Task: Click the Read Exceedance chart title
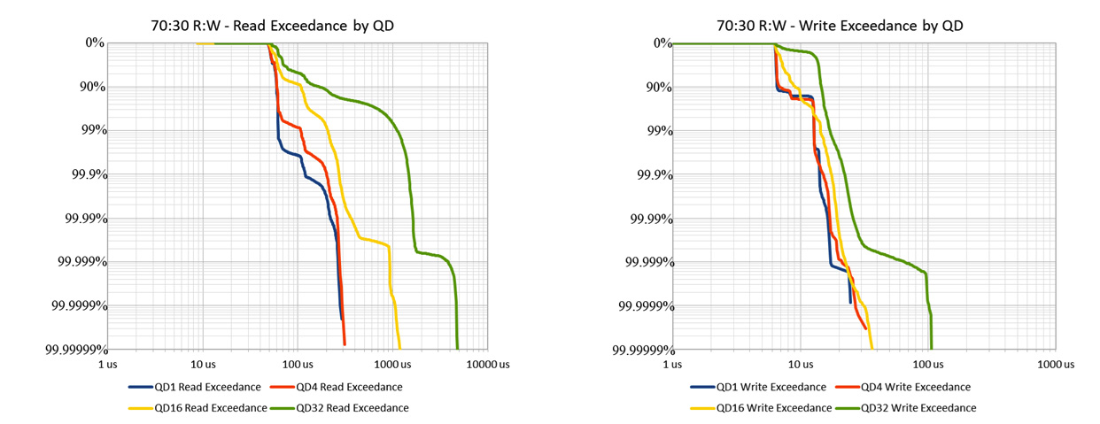click(x=272, y=26)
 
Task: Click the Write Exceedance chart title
click(x=839, y=26)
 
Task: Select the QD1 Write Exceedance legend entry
click(x=758, y=387)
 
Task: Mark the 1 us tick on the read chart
click(x=108, y=364)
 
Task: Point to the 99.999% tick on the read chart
click(x=78, y=262)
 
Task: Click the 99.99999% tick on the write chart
click(x=639, y=350)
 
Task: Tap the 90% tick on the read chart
click(x=92, y=87)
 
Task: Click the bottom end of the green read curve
click(x=457, y=348)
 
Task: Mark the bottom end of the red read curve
click(x=345, y=344)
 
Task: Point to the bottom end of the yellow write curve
click(x=872, y=348)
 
